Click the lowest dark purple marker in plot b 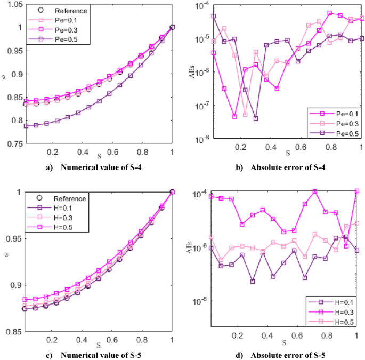[256, 118]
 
